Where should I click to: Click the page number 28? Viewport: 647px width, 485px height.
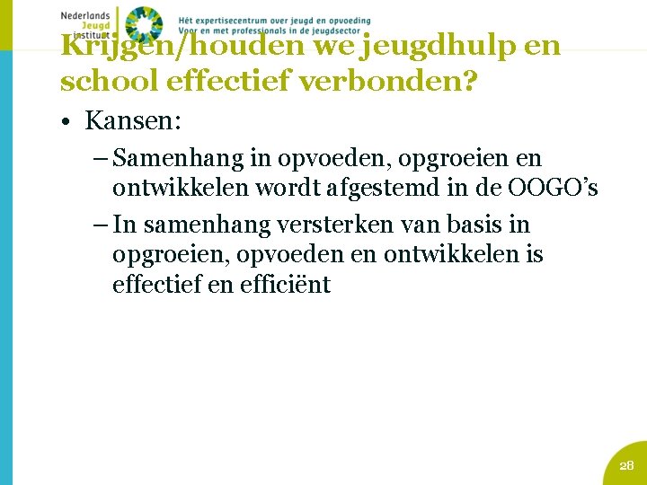626,464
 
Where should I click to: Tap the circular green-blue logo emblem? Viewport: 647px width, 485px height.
143,24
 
